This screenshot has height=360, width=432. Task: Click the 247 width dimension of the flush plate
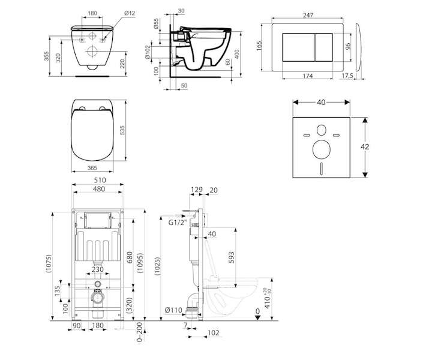pyautogui.click(x=308, y=16)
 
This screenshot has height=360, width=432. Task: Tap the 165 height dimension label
pyautogui.click(x=259, y=46)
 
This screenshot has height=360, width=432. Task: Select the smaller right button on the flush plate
pyautogui.click(x=324, y=47)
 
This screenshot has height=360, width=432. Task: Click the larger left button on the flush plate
pyautogui.click(x=299, y=47)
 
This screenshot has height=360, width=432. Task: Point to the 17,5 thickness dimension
pyautogui.click(x=347, y=76)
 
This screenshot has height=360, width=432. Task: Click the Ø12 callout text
pyautogui.click(x=130, y=13)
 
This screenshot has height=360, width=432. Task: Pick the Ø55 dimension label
pyautogui.click(x=156, y=23)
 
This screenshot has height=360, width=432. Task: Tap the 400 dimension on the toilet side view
pyautogui.click(x=237, y=54)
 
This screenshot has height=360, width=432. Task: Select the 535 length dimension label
pyautogui.click(x=122, y=130)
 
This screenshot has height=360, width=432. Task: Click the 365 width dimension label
pyautogui.click(x=92, y=168)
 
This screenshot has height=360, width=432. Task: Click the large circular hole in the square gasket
pyautogui.click(x=321, y=149)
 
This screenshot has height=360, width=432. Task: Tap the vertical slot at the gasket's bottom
pyautogui.click(x=321, y=169)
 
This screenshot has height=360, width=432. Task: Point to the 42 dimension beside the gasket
pyautogui.click(x=365, y=147)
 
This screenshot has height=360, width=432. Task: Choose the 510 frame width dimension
pyautogui.click(x=100, y=180)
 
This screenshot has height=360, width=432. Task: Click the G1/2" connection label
pyautogui.click(x=178, y=223)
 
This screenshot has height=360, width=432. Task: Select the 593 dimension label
pyautogui.click(x=232, y=257)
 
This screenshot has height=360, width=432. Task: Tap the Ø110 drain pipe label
pyautogui.click(x=173, y=310)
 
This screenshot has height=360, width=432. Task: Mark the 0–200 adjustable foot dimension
pyautogui.click(x=140, y=332)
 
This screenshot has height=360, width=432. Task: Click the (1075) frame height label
pyautogui.click(x=49, y=264)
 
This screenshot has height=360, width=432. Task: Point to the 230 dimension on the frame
pyautogui.click(x=98, y=269)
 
